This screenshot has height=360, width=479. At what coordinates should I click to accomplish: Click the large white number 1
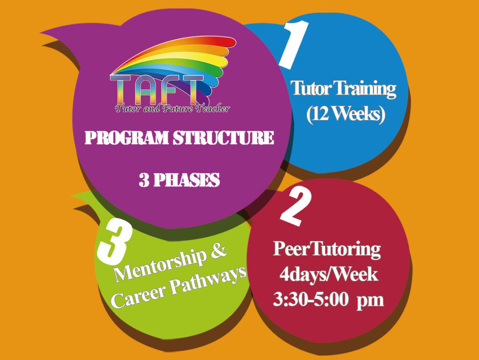tap(294, 44)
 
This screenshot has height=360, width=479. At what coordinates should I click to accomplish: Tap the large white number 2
tap(296, 206)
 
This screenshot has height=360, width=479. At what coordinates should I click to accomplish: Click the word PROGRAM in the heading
tap(126, 138)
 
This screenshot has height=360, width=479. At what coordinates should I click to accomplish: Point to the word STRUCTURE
tap(223, 138)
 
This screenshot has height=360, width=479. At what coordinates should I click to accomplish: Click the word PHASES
tap(186, 180)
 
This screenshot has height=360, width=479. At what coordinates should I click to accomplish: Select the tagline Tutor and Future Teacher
tap(172, 109)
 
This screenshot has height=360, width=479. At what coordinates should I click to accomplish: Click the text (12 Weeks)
tap(346, 114)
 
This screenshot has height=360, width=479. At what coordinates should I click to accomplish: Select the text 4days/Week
tap(329, 274)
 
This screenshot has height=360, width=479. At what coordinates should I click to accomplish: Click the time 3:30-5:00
tap(311, 300)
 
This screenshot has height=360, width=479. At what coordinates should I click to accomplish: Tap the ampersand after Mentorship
tap(218, 251)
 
